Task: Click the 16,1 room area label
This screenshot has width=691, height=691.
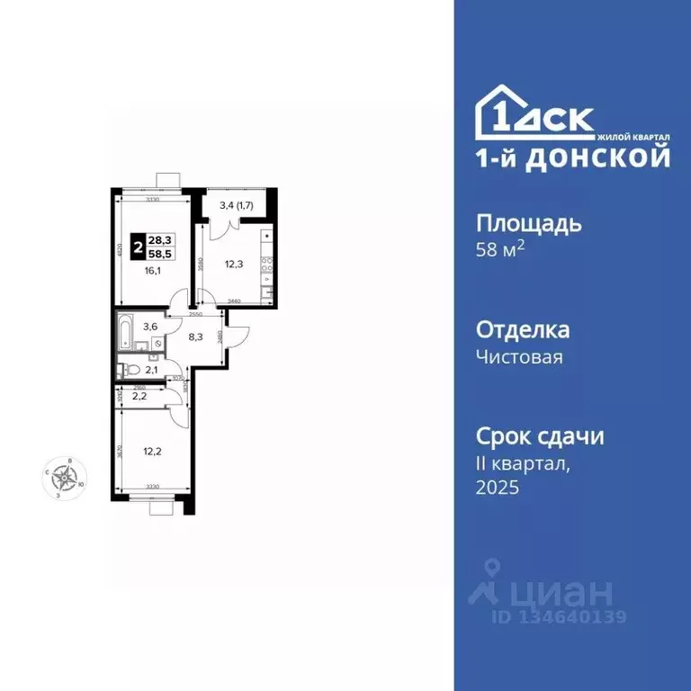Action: coord(151,268)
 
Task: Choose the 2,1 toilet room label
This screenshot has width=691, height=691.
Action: coord(152,370)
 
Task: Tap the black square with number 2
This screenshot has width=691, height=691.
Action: coord(138,246)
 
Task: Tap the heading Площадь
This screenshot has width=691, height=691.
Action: coord(528,223)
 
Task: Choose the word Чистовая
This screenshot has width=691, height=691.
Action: coord(519,357)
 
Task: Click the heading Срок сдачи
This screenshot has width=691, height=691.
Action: coord(539,436)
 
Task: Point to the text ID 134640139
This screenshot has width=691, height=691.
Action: coord(558,617)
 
